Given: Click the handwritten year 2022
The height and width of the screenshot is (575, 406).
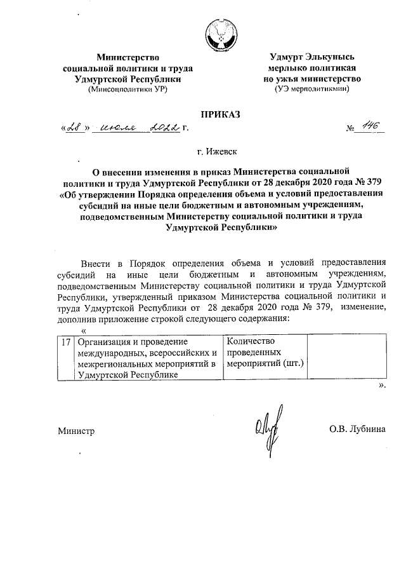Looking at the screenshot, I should pyautogui.click(x=163, y=128).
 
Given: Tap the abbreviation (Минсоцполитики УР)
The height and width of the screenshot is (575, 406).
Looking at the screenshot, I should pyautogui.click(x=128, y=90).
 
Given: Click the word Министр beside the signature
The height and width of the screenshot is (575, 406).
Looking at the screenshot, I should pyautogui.click(x=75, y=431).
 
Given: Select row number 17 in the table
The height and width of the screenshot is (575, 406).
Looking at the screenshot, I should pyautogui.click(x=65, y=342).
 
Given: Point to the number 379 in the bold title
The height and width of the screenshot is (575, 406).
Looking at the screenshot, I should pyautogui.click(x=372, y=181).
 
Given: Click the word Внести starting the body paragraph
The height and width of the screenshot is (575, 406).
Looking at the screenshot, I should pyautogui.click(x=96, y=263).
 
